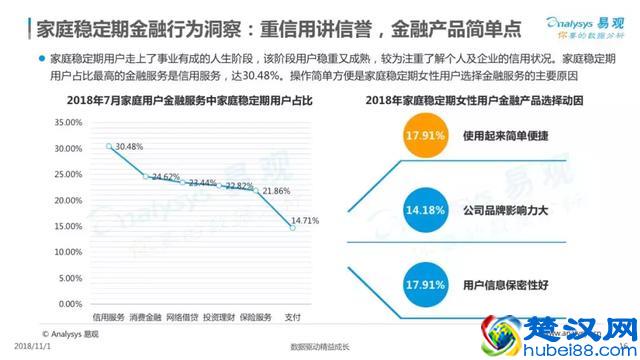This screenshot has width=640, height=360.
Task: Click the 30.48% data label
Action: [131, 147]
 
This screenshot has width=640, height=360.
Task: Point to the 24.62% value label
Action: [165, 177]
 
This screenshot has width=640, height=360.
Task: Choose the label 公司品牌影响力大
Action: [507, 212]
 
